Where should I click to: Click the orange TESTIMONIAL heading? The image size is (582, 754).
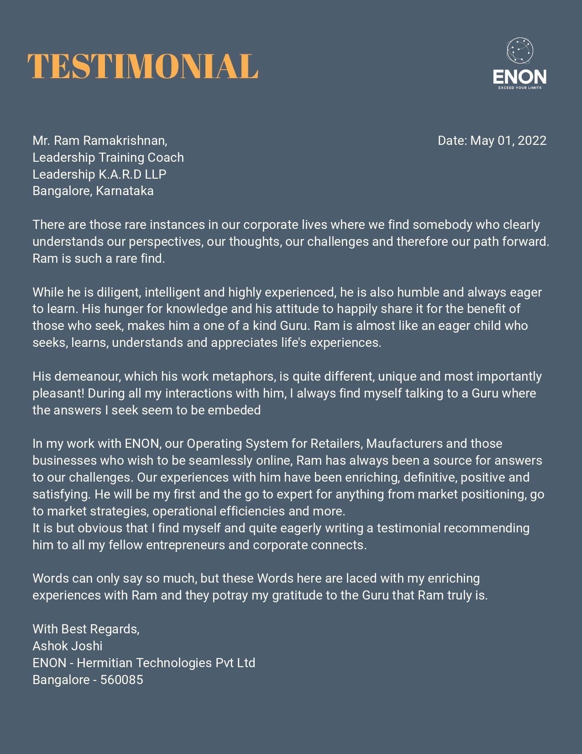tap(143, 66)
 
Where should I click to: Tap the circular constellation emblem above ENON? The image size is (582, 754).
tap(520, 51)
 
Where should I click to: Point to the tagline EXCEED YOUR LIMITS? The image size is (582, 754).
tap(520, 88)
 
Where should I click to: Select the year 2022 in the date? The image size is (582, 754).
tap(532, 141)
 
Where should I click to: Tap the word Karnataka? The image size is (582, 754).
tap(125, 191)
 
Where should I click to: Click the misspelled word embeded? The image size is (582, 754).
tap(234, 410)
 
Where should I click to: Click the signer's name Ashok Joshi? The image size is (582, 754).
tap(68, 646)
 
